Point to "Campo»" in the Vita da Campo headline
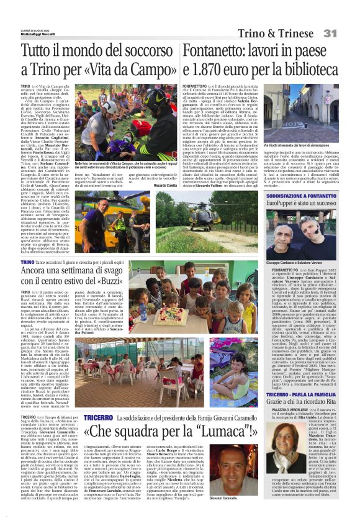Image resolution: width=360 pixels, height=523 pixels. pos(146,70)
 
